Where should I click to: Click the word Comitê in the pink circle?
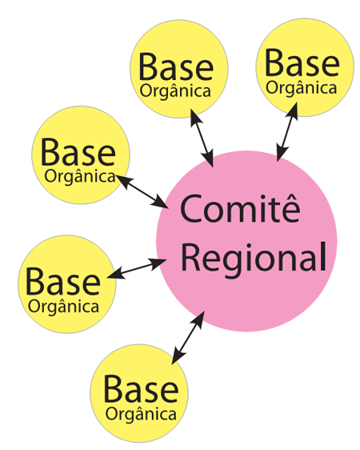pyautogui.click(x=241, y=208)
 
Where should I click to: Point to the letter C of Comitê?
pyautogui.click(x=191, y=209)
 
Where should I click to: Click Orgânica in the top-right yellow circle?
pyautogui.click(x=302, y=87)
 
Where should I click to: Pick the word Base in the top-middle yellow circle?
pyautogui.click(x=176, y=67)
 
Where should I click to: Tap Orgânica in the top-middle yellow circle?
pyautogui.click(x=175, y=91)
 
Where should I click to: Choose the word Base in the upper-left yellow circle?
pyautogui.click(x=78, y=152)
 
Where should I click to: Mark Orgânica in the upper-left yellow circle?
pyautogui.click(x=80, y=176)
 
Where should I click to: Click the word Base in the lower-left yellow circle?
pyautogui.click(x=63, y=282)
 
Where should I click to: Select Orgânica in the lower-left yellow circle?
pyautogui.click(x=64, y=306)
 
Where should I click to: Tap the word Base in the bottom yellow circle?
pyautogui.click(x=141, y=389)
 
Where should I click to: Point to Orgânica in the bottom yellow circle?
pyautogui.click(x=141, y=414)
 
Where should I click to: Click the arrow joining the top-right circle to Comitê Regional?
pyautogui.click(x=287, y=132)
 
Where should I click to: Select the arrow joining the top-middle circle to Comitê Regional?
pyautogui.click(x=202, y=139)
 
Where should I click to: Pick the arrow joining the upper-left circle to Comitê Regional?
pyautogui.click(x=142, y=191)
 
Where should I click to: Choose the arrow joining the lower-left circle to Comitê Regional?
pyautogui.click(x=137, y=268)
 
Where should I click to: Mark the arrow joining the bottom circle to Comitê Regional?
pyautogui.click(x=188, y=338)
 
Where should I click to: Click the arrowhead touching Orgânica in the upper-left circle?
pyautogui.click(x=124, y=181)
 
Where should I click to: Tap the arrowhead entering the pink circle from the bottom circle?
pyautogui.click(x=198, y=319)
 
